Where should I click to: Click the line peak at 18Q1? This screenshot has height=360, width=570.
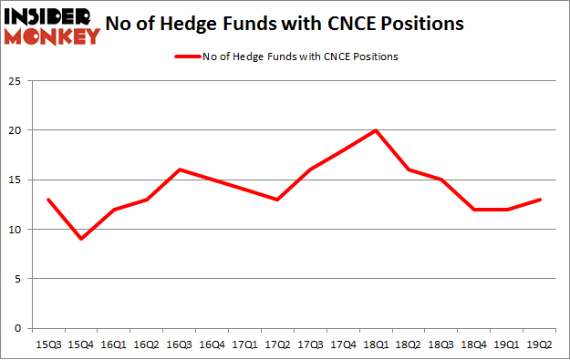[x=375, y=129]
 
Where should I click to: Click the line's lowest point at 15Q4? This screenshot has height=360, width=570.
[x=81, y=239]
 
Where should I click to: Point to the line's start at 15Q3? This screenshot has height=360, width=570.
[x=48, y=200]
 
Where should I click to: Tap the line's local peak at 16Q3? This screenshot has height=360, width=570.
[x=179, y=170]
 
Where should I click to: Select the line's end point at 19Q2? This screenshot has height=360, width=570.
[x=538, y=200]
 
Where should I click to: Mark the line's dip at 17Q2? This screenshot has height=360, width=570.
[x=277, y=200]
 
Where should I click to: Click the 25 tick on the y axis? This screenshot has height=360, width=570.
[x=16, y=80]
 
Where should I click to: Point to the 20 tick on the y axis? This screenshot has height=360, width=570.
[x=16, y=130]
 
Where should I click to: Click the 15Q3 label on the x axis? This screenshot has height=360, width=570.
[x=48, y=345]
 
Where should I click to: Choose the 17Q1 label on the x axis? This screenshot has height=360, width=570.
[x=244, y=345]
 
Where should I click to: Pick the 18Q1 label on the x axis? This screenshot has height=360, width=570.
[x=375, y=345]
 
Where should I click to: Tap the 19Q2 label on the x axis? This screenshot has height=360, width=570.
[x=538, y=345]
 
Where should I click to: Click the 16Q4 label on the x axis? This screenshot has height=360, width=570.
[x=212, y=345]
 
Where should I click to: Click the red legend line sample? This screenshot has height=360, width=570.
[x=192, y=57]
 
